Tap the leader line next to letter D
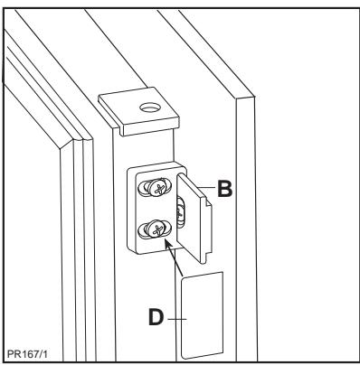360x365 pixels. [x=177, y=317]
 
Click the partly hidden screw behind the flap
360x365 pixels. [x=179, y=213]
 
